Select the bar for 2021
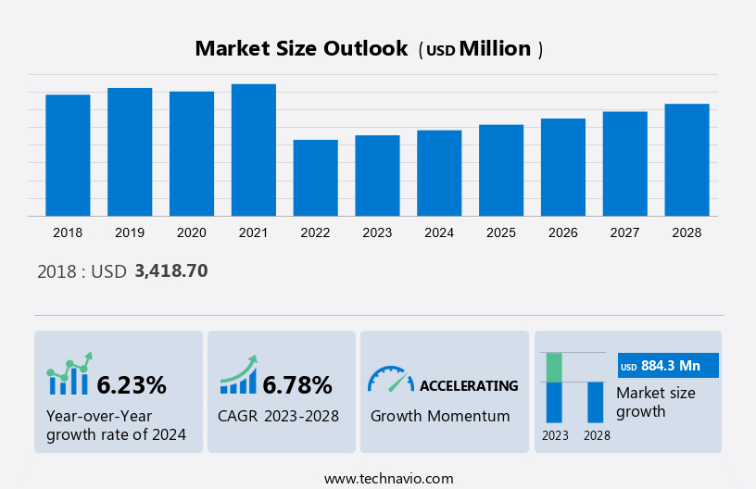(x=254, y=150)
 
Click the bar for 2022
(x=315, y=178)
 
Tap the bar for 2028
(x=687, y=159)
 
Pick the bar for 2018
(x=68, y=155)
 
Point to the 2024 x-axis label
(x=439, y=232)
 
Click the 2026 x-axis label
(x=563, y=232)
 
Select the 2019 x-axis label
(x=130, y=232)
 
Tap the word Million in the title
(x=495, y=48)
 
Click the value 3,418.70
(x=170, y=271)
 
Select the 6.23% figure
(x=132, y=384)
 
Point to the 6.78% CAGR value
(x=297, y=384)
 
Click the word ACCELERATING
(x=469, y=385)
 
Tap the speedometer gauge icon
(x=390, y=378)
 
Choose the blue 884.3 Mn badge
(x=668, y=367)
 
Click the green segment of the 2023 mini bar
(x=554, y=367)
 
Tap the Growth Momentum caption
(x=440, y=416)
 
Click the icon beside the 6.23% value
(x=69, y=374)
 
